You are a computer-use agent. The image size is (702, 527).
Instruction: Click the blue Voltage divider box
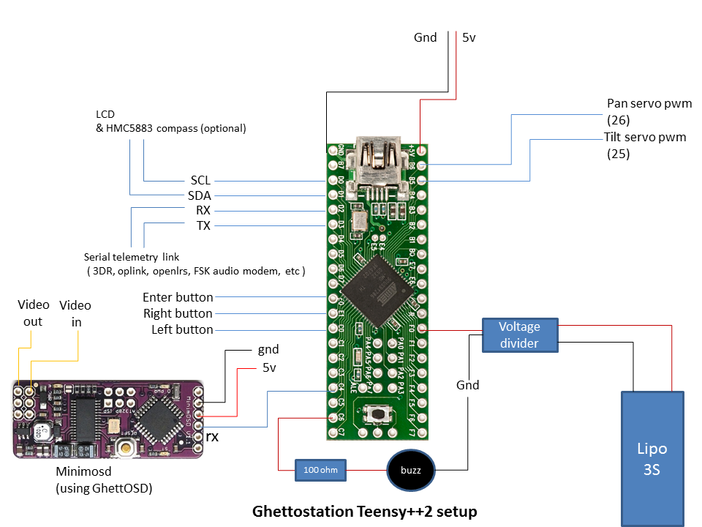click(519, 334)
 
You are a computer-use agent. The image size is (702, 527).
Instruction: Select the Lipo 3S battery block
click(654, 458)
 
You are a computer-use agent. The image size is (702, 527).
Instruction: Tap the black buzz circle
click(410, 470)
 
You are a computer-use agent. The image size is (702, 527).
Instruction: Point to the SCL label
click(200, 180)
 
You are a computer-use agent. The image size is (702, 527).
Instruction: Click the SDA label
click(200, 195)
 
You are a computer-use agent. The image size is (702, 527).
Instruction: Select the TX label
click(203, 226)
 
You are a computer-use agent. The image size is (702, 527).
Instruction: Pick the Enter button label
click(178, 297)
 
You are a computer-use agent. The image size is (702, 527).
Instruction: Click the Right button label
click(178, 313)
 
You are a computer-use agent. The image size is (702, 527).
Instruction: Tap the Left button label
click(182, 329)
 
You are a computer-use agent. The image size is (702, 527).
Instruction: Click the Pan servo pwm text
click(649, 103)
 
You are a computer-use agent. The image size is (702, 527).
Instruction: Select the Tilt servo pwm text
click(645, 137)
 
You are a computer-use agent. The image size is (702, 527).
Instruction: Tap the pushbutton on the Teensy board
click(377, 415)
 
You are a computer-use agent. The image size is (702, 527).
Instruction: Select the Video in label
click(75, 313)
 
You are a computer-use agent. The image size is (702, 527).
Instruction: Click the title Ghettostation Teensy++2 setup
click(364, 510)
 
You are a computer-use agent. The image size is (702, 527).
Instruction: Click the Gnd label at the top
click(425, 37)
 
